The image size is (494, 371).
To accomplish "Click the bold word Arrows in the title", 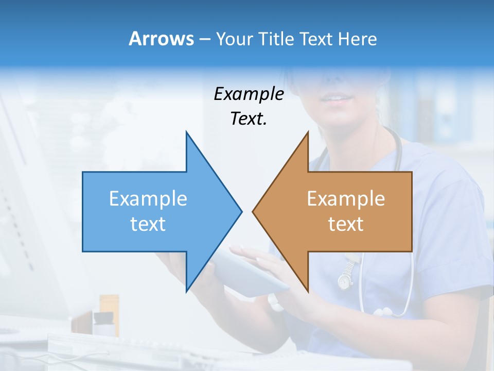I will [161, 39].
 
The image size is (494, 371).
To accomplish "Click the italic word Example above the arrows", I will [249, 94].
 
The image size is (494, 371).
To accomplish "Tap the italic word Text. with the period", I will [249, 119].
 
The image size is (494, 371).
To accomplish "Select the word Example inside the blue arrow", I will [148, 199].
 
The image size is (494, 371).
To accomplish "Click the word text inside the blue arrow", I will [148, 224].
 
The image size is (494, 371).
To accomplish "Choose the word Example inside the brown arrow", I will [346, 199].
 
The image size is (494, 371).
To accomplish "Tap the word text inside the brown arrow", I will [346, 224].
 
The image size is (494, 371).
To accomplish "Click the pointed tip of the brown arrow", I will [253, 211].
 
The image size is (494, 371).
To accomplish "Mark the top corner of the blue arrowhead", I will [186, 132].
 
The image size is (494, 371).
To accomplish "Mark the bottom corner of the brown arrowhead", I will [308, 291].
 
